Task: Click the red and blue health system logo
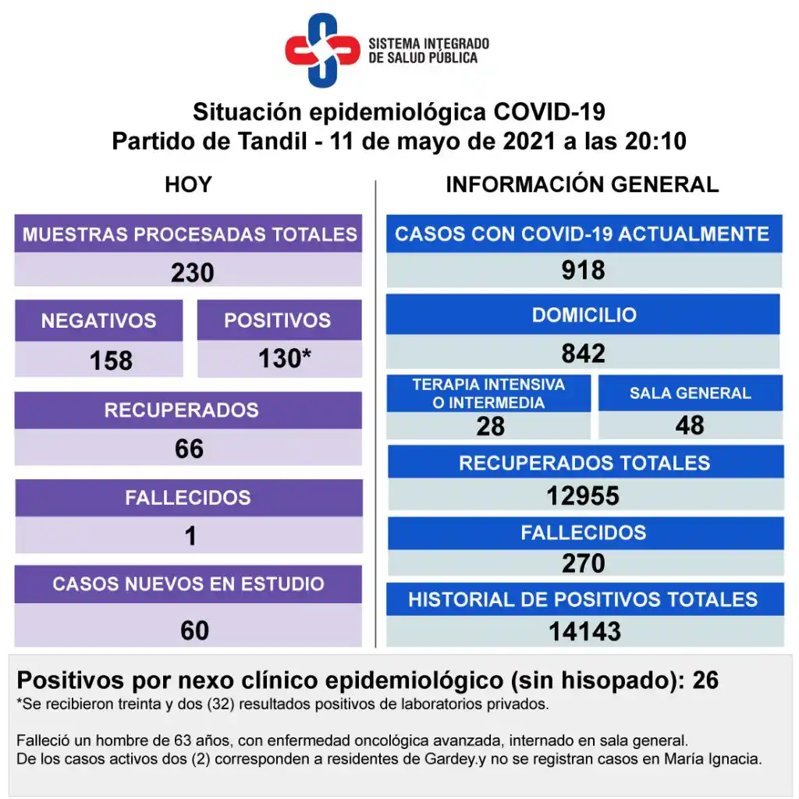[x=321, y=50]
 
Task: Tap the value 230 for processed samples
[x=192, y=272]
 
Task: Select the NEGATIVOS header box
[x=98, y=320]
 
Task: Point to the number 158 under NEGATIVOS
[x=111, y=360]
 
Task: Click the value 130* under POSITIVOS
[x=285, y=359]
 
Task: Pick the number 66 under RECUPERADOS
[x=189, y=449]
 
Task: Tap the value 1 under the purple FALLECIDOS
[x=190, y=536]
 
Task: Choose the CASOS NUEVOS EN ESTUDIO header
[x=188, y=584]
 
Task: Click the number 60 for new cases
[x=194, y=630]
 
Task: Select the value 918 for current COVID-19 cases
[x=583, y=270]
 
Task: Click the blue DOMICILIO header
[x=584, y=315]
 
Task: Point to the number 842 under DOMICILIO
[x=583, y=353]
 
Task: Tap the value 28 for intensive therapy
[x=491, y=426]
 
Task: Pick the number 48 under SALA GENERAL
[x=691, y=425]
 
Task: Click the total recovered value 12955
[x=584, y=495]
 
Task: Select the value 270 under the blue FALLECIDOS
[x=584, y=563]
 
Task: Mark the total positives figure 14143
[x=584, y=630]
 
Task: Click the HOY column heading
[x=188, y=185]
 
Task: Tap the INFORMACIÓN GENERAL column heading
[x=582, y=185]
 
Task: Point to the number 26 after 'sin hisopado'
[x=705, y=680]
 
